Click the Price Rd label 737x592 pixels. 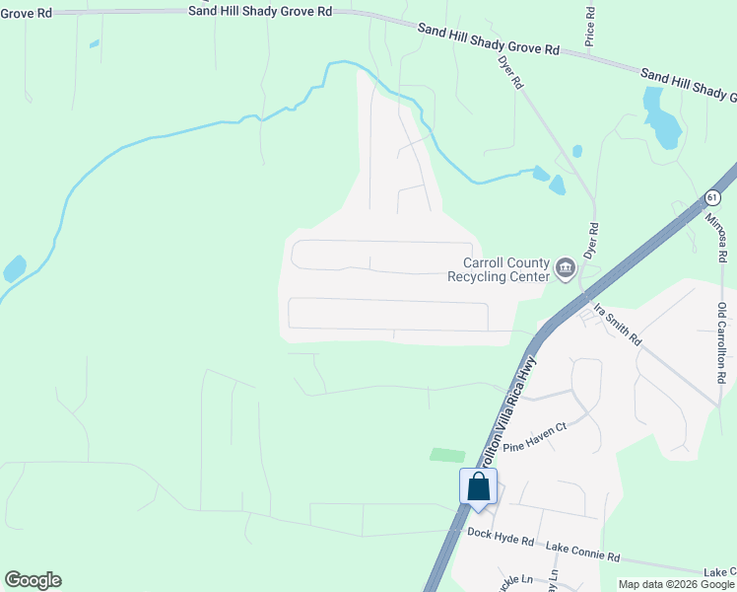click(590, 28)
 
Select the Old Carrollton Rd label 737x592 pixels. click(721, 344)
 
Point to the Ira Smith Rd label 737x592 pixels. click(617, 324)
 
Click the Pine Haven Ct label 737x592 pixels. click(536, 437)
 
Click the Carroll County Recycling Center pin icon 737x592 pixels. click(566, 267)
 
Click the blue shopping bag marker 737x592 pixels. click(478, 486)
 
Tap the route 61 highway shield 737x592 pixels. click(712, 198)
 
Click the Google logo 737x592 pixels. click(33, 580)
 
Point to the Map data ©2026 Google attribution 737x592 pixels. click(676, 584)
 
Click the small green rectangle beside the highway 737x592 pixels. click(447, 455)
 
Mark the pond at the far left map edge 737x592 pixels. click(15, 267)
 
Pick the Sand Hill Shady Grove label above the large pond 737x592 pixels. click(688, 84)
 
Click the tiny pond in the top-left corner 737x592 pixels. click(95, 43)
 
